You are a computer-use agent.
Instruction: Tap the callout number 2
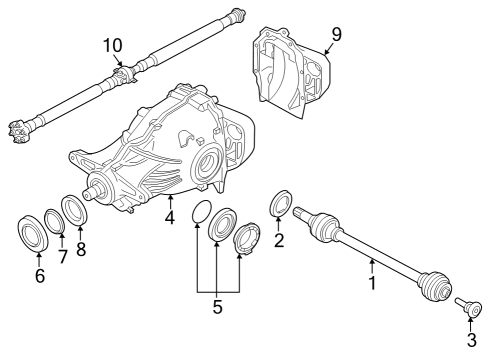pos(280,240)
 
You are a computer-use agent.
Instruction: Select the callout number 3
pos(471,339)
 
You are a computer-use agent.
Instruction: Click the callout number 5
pos(216,307)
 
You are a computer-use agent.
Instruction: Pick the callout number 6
pos(40,276)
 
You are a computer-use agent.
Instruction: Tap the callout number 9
pos(336,33)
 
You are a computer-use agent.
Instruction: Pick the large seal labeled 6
pos(33,230)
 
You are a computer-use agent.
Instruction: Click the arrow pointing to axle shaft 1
pos(372,266)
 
